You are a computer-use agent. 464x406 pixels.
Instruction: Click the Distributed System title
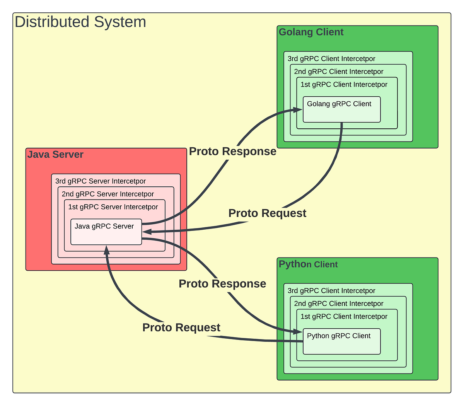[x=80, y=22]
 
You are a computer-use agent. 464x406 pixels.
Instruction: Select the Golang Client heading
[x=311, y=32]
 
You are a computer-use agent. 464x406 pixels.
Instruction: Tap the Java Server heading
[x=55, y=155]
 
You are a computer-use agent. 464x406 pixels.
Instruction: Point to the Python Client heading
[x=308, y=264]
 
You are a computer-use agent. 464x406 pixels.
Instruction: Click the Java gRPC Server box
[x=106, y=232]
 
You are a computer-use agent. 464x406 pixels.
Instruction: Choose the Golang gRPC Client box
[x=341, y=109]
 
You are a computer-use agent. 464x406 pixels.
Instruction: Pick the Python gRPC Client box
[x=341, y=341]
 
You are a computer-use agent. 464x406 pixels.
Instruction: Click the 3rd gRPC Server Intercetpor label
[x=101, y=181]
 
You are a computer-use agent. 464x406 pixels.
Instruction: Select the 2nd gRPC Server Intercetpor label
[x=108, y=194]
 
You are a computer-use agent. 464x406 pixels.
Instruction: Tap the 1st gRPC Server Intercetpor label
[x=113, y=207]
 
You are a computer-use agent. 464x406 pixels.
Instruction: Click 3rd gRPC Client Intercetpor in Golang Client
[x=331, y=59]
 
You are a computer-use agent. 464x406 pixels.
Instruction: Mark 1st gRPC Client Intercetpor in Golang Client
[x=344, y=84]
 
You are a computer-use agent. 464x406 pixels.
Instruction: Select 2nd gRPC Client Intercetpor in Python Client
[x=339, y=304]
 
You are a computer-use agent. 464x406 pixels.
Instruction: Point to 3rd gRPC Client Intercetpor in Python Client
[x=331, y=291]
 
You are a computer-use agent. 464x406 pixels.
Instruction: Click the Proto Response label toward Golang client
[x=232, y=152]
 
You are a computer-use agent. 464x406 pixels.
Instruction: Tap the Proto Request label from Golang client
[x=267, y=213]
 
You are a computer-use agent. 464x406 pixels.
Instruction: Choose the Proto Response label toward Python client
[x=222, y=284]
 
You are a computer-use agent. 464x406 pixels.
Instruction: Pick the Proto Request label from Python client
[x=181, y=328]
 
